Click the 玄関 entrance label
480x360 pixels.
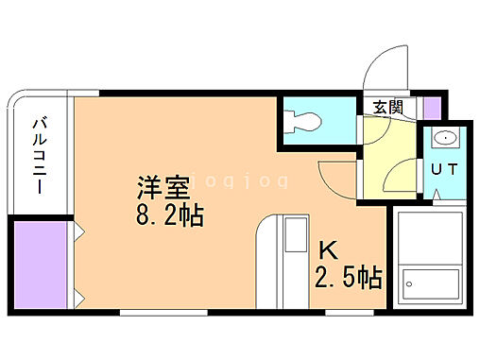tap(387, 107)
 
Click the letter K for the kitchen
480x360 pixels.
tap(327, 250)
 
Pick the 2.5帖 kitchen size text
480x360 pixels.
tap(348, 278)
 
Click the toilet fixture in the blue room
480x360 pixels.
tap(304, 120)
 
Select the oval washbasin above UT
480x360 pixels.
tap(442, 138)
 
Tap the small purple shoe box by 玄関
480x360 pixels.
tap(432, 107)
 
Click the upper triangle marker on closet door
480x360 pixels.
tap(79, 231)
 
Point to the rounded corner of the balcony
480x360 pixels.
tap(20, 100)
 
